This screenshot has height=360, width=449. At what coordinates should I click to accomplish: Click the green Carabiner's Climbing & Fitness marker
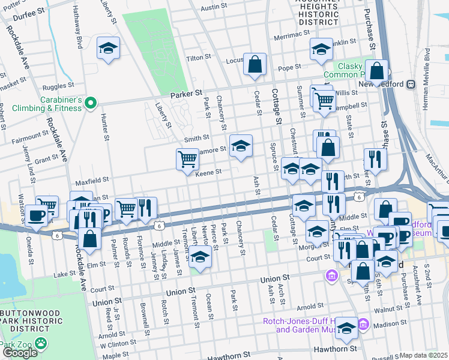90,104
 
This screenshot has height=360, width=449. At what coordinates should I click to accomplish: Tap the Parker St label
185,94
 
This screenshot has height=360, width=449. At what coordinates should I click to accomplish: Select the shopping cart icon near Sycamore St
187,159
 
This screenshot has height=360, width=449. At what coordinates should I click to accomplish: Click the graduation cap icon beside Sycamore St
241,146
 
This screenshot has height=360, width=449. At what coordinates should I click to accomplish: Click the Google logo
20,352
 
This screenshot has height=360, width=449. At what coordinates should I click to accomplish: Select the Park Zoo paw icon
41,344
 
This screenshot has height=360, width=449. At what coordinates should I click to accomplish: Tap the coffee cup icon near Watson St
35,215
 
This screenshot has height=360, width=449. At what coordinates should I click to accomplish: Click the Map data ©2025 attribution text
424,355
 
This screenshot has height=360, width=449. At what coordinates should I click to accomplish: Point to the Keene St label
209,172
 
